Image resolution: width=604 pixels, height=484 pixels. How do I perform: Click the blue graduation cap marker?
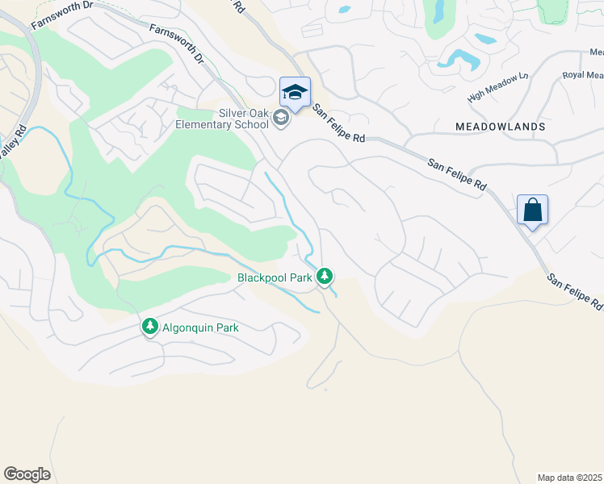(x=295, y=93)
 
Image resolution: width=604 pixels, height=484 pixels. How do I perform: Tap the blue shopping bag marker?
(x=532, y=211)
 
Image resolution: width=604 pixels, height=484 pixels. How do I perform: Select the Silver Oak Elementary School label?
(x=222, y=119)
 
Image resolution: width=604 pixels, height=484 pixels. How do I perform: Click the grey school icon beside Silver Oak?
(x=280, y=119)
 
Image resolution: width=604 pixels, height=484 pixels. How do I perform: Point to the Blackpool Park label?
(x=275, y=277)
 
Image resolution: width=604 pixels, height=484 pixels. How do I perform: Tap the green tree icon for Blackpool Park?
(x=325, y=277)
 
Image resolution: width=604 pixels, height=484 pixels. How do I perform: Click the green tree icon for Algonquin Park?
(x=149, y=327)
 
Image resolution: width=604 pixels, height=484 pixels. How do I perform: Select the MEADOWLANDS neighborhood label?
(x=500, y=127)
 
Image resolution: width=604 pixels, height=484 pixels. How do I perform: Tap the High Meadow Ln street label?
(x=497, y=86)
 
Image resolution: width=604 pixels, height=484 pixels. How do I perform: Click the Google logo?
(x=27, y=474)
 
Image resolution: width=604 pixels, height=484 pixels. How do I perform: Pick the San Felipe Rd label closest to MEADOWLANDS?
(x=457, y=174)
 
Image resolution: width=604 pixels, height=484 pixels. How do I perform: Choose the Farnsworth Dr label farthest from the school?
(x=61, y=14)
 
